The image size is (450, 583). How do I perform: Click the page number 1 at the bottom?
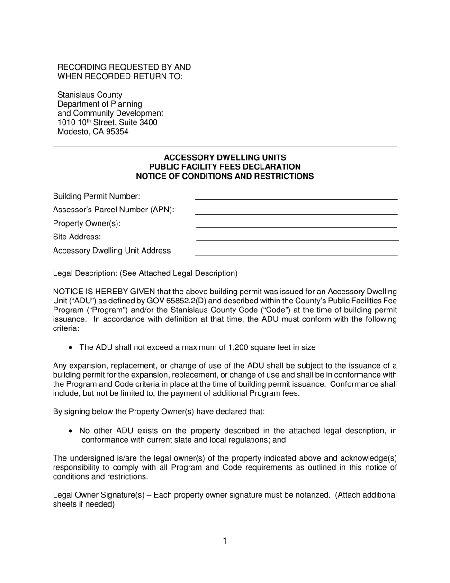coord(225,541)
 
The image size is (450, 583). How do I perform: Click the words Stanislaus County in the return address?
coord(90,95)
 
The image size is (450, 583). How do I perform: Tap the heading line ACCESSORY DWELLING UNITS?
coord(225,157)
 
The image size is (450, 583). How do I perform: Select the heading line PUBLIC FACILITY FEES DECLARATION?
coord(225,167)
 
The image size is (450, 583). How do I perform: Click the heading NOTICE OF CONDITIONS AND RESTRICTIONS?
coord(225,176)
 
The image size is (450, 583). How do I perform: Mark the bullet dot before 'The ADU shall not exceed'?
coord(71,347)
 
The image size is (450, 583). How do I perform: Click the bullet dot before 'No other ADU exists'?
coord(71,431)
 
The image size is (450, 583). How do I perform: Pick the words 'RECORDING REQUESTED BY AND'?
coord(124,67)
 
